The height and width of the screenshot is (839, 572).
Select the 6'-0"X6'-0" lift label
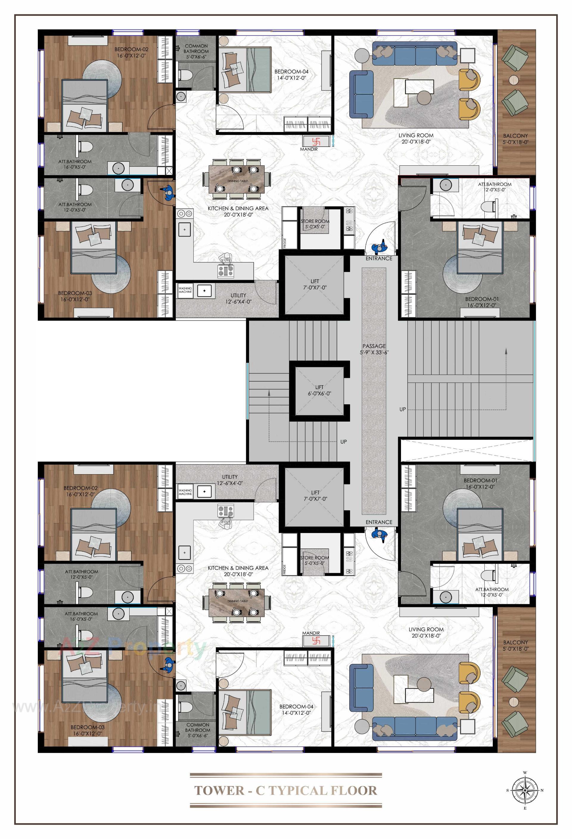coord(319,390)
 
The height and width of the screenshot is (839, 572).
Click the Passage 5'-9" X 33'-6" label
coord(374,349)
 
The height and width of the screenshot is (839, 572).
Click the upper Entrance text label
coord(379,259)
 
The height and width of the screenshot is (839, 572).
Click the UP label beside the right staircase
coord(402,409)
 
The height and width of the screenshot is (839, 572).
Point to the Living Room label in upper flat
coord(416,138)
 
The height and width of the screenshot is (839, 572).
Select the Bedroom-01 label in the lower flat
coord(480,483)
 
